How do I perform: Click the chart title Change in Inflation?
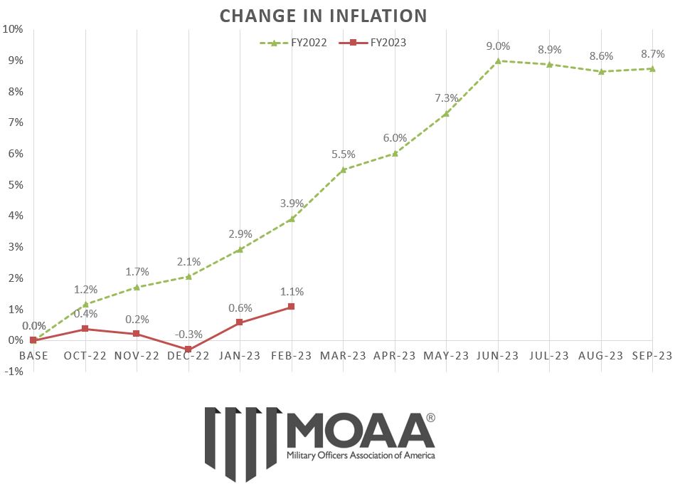point(323,15)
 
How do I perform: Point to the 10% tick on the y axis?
point(14,29)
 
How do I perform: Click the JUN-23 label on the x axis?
point(498,356)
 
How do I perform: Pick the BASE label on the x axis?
point(33,356)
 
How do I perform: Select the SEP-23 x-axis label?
point(652,356)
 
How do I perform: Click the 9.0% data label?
point(498,46)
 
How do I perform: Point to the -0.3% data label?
point(188,334)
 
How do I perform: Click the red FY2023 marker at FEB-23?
point(291,307)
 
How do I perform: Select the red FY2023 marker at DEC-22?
point(188,349)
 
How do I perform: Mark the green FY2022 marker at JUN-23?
point(498,61)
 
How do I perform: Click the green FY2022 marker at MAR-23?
point(343,169)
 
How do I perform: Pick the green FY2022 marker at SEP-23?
point(652,68)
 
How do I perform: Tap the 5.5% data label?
point(343,154)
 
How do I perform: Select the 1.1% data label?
point(292,291)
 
